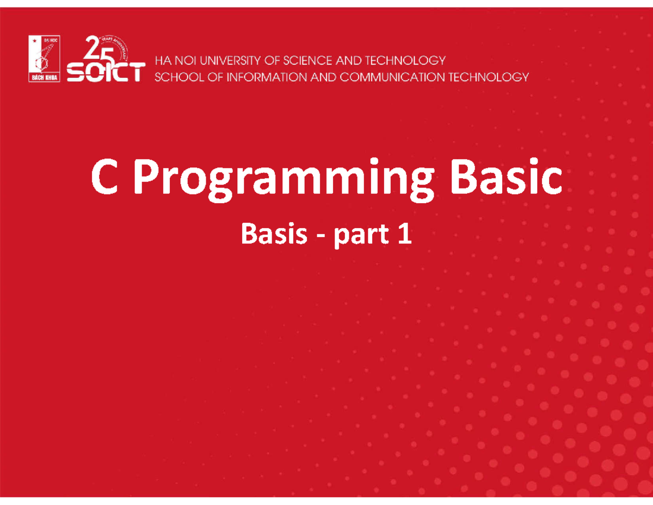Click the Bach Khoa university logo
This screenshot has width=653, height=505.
pos(45,58)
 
